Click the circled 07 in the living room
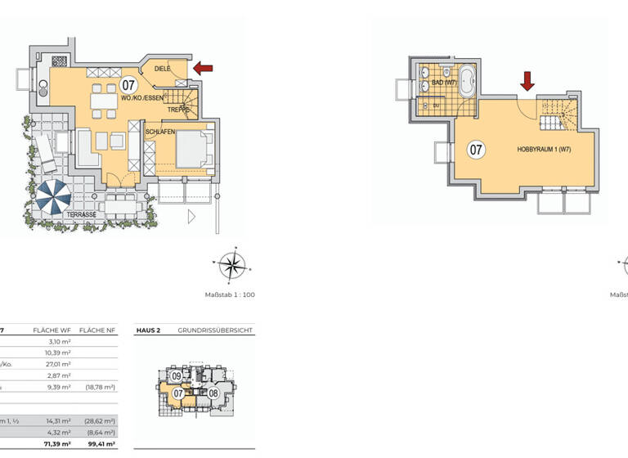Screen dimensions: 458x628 pos(128,84)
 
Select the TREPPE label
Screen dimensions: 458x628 pos(178,110)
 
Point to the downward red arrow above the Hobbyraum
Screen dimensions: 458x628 pos(527,80)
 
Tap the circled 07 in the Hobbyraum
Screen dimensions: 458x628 pos(476,150)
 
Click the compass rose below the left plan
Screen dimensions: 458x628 pos(233,264)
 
